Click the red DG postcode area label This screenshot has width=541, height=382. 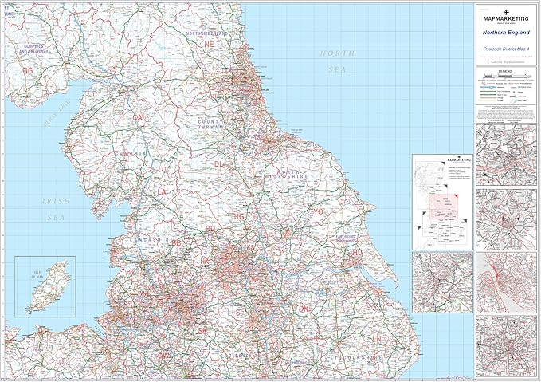tap(28, 70)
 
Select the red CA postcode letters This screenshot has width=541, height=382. tap(139, 117)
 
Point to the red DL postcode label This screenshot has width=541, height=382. tap(219, 163)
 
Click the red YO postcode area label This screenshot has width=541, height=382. tap(319, 212)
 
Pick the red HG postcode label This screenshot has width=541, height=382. tap(237, 215)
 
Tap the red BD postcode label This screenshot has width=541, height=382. tap(211, 229)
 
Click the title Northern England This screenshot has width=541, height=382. tap(506, 33)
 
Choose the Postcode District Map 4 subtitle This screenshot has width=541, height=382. tap(506, 49)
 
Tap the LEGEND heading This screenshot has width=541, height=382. tap(506, 71)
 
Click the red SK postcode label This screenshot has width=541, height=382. tap(202, 329)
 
